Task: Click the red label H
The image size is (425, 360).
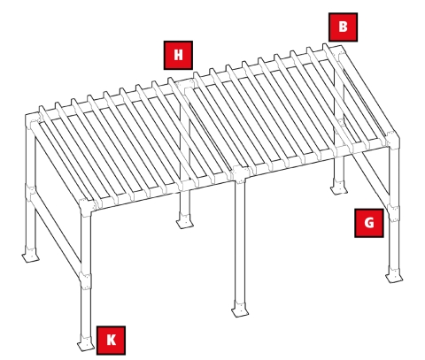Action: coord(178,55)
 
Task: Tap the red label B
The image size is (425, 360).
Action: coord(342,27)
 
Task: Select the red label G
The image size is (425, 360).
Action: coord(368,222)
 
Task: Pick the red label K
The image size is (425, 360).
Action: coord(111,340)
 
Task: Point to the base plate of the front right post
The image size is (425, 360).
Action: coord(394,276)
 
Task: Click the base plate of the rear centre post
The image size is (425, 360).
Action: coord(184,221)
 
